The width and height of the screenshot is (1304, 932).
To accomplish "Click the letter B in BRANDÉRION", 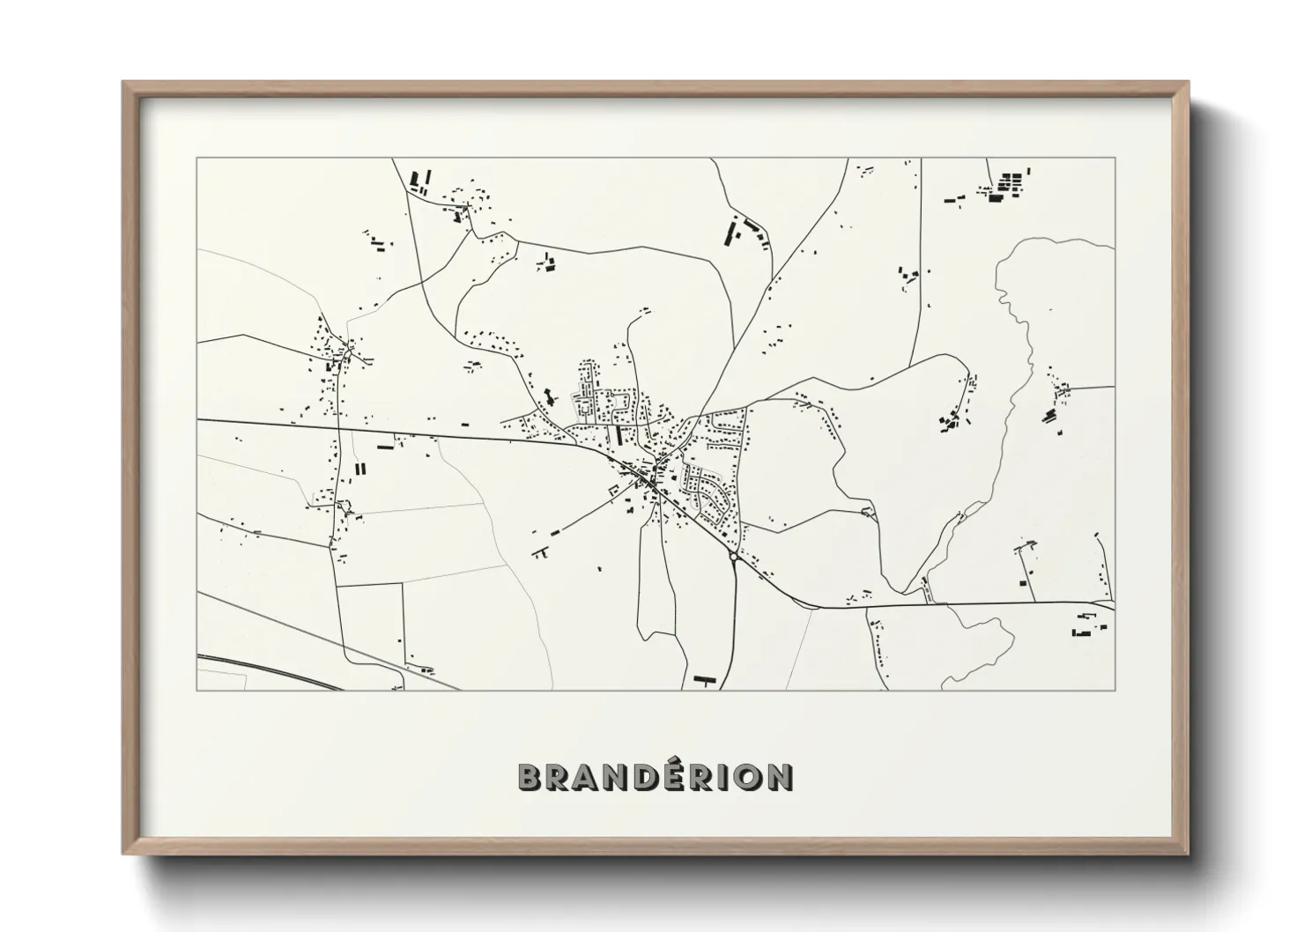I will click(x=531, y=777).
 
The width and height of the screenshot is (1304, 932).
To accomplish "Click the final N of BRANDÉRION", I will click(x=781, y=777).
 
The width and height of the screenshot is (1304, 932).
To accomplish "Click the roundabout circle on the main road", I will click(x=733, y=558).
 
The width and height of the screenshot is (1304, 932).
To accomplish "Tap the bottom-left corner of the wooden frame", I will click(x=123, y=854).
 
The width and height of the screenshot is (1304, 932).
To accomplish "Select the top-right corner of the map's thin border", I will click(x=1115, y=159).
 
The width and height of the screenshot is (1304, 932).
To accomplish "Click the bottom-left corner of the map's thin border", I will click(x=197, y=690).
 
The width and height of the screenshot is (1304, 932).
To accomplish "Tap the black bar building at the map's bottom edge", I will click(x=703, y=679).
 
